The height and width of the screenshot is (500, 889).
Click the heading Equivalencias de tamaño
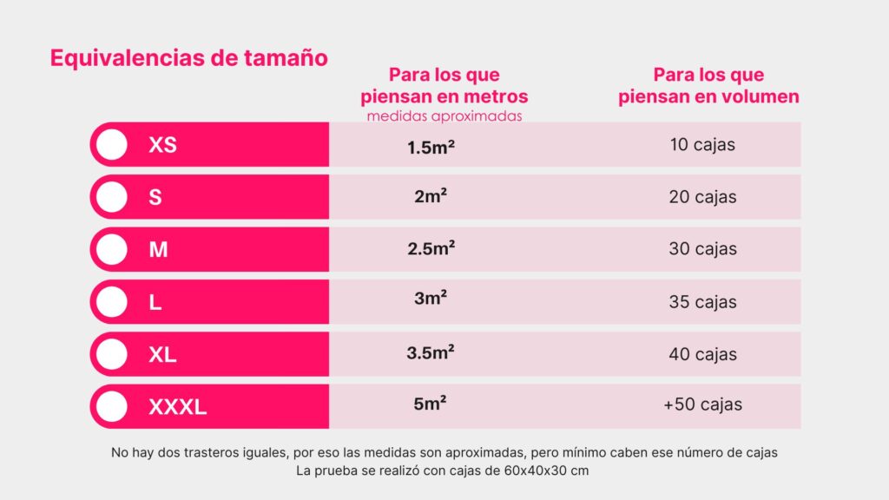(x=188, y=58)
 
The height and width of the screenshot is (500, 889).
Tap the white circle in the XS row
(x=111, y=145)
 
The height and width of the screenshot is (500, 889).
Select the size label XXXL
(x=177, y=406)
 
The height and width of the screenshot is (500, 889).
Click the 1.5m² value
(x=431, y=147)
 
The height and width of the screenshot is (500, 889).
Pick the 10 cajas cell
(x=702, y=144)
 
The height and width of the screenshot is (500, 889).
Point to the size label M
(x=158, y=250)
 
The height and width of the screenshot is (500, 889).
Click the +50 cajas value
(x=702, y=405)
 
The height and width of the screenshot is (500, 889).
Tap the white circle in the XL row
(x=111, y=354)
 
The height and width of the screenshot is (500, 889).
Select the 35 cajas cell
(x=702, y=302)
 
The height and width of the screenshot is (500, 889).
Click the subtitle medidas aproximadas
(x=444, y=115)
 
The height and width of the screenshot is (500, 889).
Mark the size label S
(x=155, y=197)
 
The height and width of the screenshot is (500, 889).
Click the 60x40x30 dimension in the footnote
(x=538, y=471)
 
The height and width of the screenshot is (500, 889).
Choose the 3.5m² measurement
(x=431, y=352)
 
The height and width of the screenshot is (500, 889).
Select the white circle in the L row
(x=111, y=302)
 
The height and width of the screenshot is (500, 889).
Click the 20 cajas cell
(x=702, y=197)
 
